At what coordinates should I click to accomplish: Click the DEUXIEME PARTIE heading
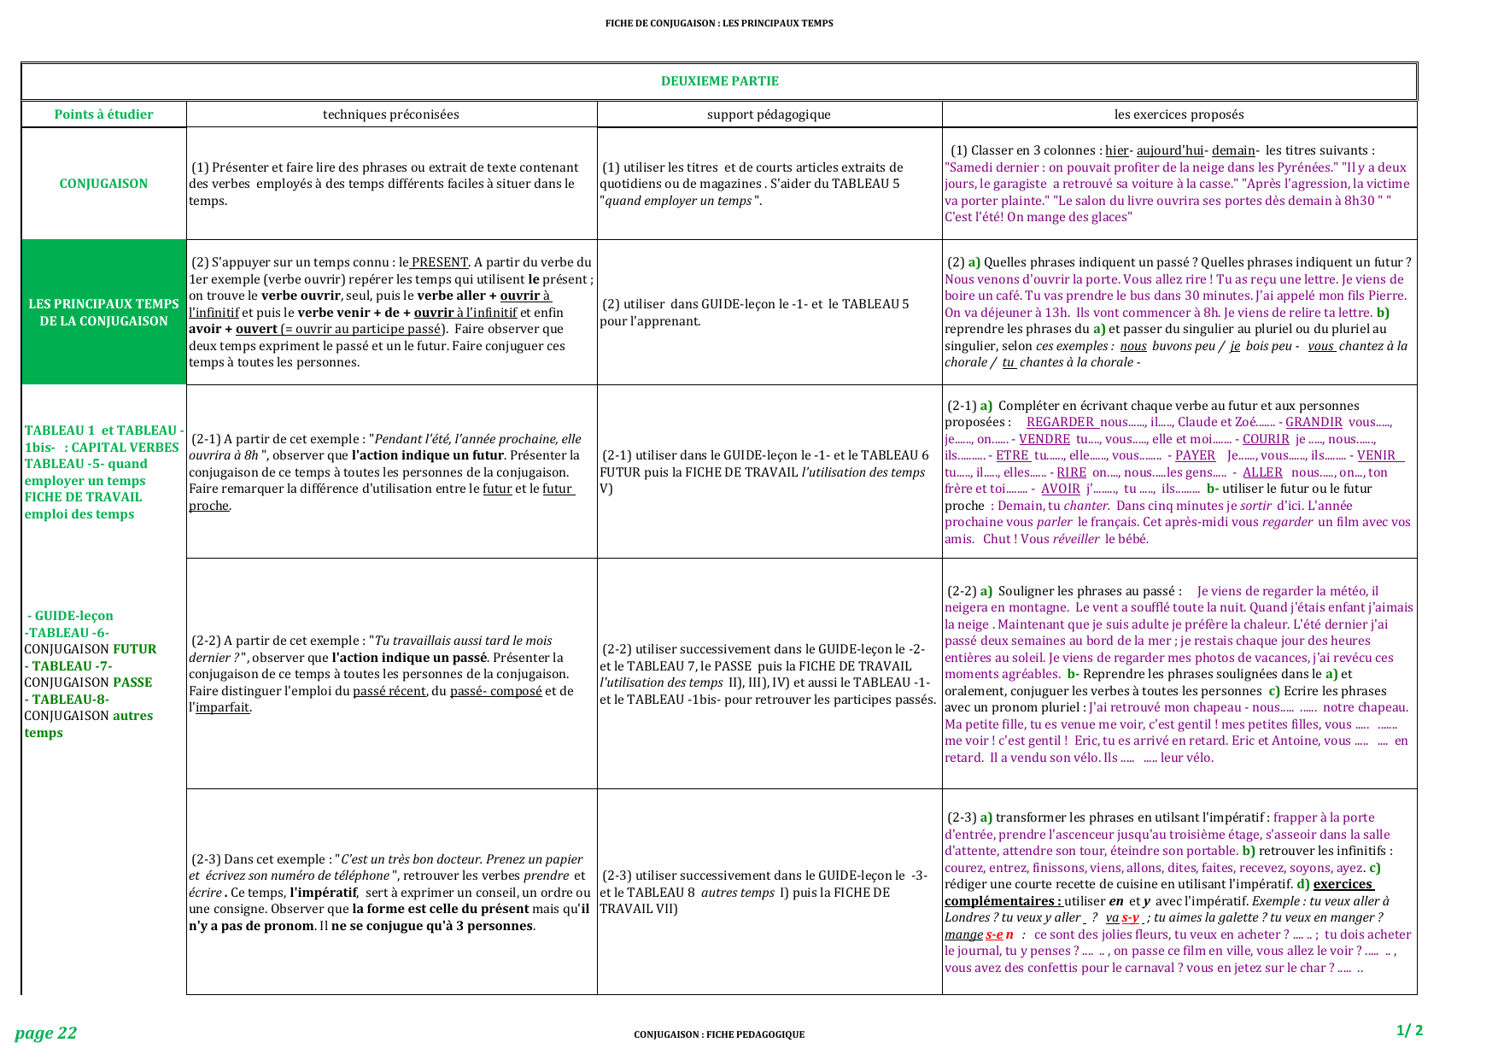pos(719,81)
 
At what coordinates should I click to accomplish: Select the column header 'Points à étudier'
pos(103,114)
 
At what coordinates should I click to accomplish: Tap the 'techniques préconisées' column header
pos(390,114)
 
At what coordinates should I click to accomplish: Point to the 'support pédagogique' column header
pos(769,114)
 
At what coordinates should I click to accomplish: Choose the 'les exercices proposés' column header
pos(1179,114)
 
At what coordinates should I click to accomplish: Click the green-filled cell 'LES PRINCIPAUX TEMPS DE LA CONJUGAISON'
pos(103,313)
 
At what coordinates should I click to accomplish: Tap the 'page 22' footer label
pos(46,1034)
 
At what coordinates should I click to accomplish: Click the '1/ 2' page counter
pos(1409,1030)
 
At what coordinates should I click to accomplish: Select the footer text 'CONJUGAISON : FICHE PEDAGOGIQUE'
pos(718,1034)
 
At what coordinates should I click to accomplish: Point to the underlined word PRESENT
pos(439,262)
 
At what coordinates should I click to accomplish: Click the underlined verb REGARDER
pos(1061,422)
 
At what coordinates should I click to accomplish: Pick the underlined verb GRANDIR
pos(1314,422)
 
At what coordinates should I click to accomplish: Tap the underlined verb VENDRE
pos(1044,439)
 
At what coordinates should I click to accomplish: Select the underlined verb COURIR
pos(1266,439)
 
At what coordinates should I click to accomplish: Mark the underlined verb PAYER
pos(1195,455)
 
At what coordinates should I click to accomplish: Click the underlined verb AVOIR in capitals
pos(1061,489)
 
